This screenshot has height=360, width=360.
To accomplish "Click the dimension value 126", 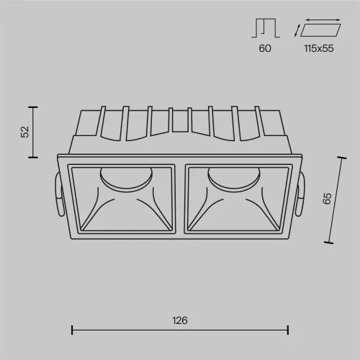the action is click(x=180, y=320).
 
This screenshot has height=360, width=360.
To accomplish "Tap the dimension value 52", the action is click(x=25, y=132).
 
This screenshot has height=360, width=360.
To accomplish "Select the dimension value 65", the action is click(x=327, y=199).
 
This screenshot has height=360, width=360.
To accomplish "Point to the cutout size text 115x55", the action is click(x=319, y=48).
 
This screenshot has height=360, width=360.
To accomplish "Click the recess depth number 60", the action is click(x=265, y=48).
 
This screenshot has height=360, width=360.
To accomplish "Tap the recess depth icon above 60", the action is click(x=266, y=28).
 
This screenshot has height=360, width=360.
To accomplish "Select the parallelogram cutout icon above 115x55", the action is click(x=320, y=30).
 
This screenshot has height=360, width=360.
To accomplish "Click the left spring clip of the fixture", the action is click(x=59, y=194).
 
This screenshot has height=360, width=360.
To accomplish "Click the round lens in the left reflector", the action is click(x=126, y=179).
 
